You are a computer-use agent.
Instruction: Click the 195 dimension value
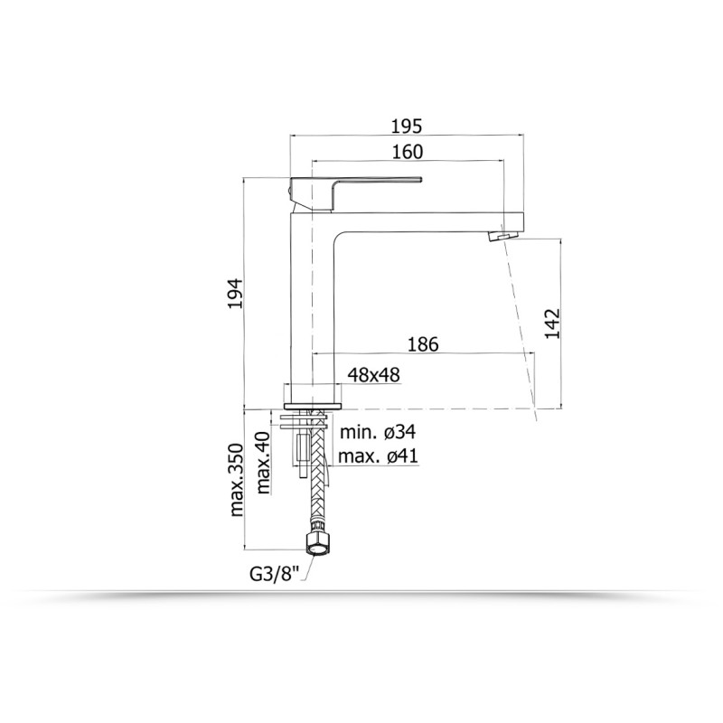pyautogui.click(x=407, y=126)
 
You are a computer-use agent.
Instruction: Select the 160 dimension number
pyautogui.click(x=408, y=151)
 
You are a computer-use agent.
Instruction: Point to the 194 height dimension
pyautogui.click(x=235, y=293)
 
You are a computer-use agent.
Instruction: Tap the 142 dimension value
pyautogui.click(x=552, y=324)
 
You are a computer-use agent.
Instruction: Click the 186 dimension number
pyautogui.click(x=423, y=344)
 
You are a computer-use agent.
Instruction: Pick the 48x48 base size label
pyautogui.click(x=373, y=375)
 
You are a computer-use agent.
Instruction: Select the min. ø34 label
pyautogui.click(x=378, y=432)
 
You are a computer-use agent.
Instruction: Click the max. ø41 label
pyautogui.click(x=378, y=456)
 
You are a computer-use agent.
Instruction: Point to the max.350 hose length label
pyautogui.click(x=236, y=480)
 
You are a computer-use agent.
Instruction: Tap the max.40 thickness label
pyautogui.click(x=263, y=463)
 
